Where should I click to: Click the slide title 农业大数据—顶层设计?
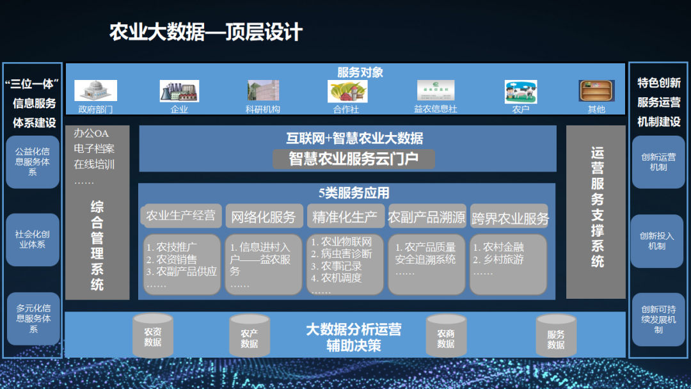pyautogui.click(x=206, y=32)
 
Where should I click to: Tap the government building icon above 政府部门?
pyautogui.click(x=95, y=91)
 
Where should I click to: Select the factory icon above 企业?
pyautogui.click(x=179, y=91)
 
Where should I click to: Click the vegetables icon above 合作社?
pyautogui.click(x=347, y=91)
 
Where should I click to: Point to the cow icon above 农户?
pyautogui.click(x=521, y=91)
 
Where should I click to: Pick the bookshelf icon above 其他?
pyautogui.click(x=596, y=91)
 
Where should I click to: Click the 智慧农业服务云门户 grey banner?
pyautogui.click(x=354, y=159)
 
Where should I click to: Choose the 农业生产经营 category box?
pyautogui.click(x=181, y=216)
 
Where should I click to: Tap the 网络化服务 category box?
pyautogui.click(x=264, y=216)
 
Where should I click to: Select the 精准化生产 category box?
pyautogui.click(x=345, y=216)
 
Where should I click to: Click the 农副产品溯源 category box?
pyautogui.click(x=427, y=216)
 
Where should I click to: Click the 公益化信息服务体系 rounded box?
pyautogui.click(x=33, y=162)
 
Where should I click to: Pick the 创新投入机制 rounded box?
pyautogui.click(x=657, y=241)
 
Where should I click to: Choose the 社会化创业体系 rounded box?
pyautogui.click(x=33, y=239)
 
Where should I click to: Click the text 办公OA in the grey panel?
pyautogui.click(x=91, y=133)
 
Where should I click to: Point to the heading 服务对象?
pyautogui.click(x=360, y=72)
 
